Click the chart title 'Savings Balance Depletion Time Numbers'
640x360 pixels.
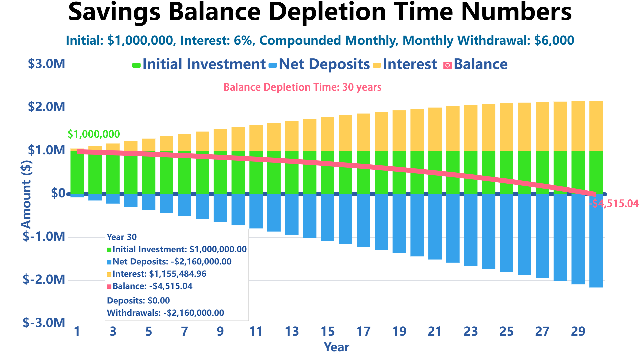click(320, 12)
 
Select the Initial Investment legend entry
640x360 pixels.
click(204, 64)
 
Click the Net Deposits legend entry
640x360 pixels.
click(324, 64)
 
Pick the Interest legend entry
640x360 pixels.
click(409, 64)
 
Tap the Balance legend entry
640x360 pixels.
click(480, 64)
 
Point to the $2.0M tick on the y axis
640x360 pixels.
click(47, 107)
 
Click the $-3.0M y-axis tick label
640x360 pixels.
click(44, 323)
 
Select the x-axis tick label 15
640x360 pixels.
click(327, 332)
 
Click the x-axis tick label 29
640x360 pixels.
click(578, 332)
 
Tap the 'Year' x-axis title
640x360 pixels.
click(336, 347)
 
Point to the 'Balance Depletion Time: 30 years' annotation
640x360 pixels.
click(302, 87)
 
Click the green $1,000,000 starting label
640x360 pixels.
click(94, 134)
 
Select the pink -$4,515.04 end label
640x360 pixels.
click(614, 204)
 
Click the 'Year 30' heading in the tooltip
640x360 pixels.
click(122, 237)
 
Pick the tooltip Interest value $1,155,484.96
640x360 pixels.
click(177, 274)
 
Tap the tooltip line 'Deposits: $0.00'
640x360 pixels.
click(138, 301)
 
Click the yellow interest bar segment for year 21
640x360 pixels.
click(435, 129)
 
